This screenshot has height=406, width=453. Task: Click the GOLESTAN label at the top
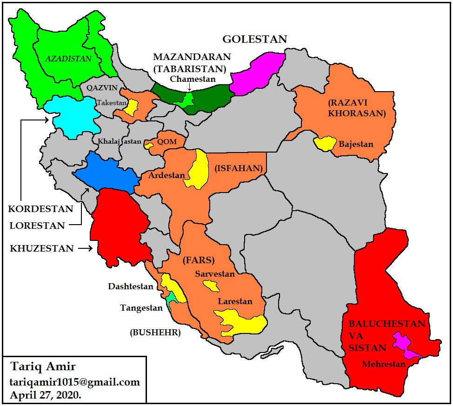[x=254, y=39]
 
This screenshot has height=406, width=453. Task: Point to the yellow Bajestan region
[x=325, y=143]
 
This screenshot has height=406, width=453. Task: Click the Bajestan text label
[x=356, y=144]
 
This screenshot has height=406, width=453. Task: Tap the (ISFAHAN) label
[x=239, y=168]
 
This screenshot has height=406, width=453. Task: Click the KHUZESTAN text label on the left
[x=42, y=249]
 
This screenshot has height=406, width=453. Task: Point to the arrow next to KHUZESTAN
[x=85, y=249]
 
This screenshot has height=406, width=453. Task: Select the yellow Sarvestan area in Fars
[x=212, y=285]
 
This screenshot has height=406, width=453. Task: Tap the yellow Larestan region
[x=242, y=322]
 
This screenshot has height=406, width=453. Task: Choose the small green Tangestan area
[x=172, y=298]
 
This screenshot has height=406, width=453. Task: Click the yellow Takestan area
[x=132, y=108]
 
